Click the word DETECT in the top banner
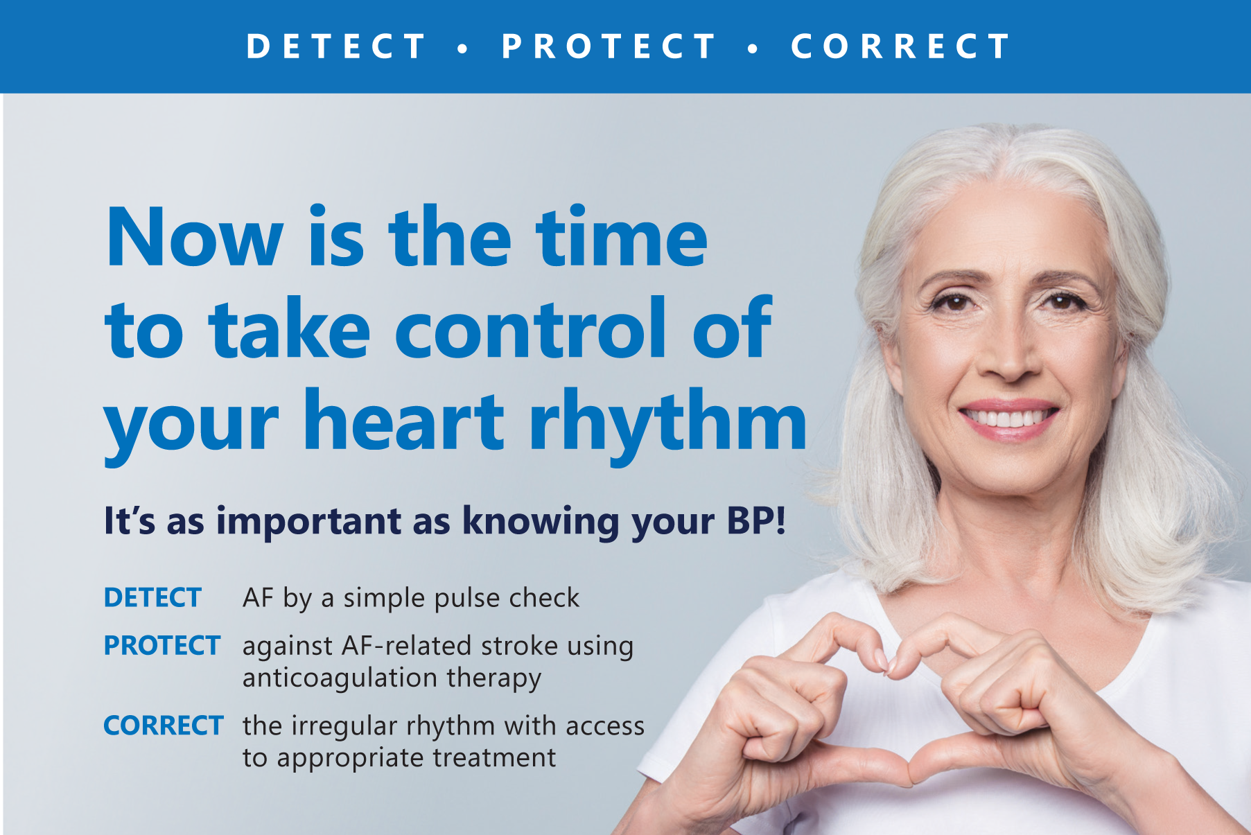tap(337, 47)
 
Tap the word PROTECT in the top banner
tap(609, 47)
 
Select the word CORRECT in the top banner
tap(900, 47)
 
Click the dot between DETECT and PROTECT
tap(463, 49)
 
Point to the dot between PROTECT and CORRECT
tap(753, 49)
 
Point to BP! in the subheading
tap(756, 520)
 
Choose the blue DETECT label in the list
tap(152, 597)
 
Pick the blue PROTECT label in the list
tap(161, 645)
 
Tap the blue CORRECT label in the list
tap(163, 726)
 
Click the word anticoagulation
tap(340, 678)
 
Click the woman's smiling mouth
tap(1008, 418)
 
